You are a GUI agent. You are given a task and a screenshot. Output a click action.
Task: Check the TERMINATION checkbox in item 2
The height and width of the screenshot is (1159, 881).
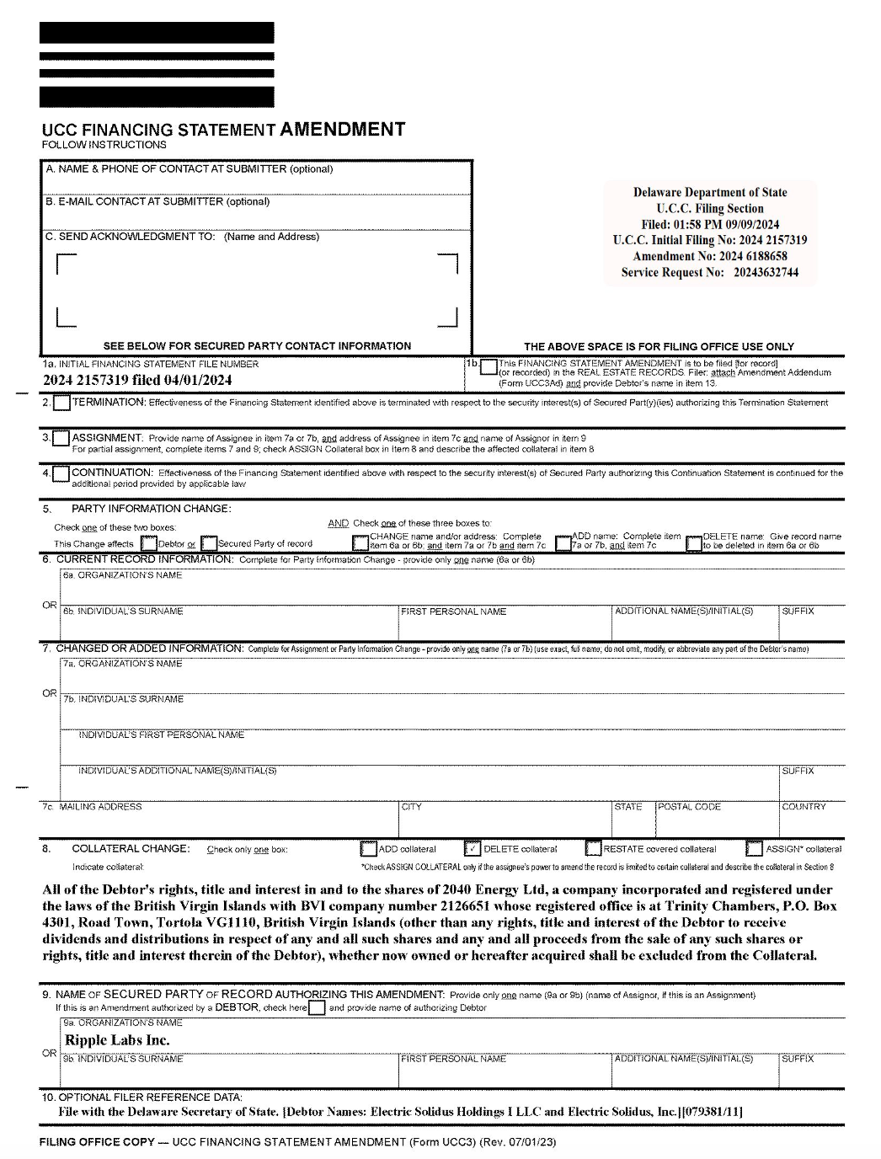61,403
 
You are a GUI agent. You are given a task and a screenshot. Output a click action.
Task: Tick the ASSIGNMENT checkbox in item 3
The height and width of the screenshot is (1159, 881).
61,439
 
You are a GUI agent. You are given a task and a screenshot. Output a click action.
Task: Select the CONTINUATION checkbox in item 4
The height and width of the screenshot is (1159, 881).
61,474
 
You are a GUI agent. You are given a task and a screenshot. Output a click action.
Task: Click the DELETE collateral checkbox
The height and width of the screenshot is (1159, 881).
473,849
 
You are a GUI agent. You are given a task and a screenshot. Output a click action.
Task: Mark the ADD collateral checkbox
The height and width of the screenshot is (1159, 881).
368,849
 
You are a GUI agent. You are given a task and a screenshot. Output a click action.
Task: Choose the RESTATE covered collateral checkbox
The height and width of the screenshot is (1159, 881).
593,849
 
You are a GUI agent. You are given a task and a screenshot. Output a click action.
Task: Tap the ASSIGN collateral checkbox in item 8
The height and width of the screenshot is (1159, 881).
754,849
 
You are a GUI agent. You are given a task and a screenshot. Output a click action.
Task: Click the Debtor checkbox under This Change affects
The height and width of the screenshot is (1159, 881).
148,544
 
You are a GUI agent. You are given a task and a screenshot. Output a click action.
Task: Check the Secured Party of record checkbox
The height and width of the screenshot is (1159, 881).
209,544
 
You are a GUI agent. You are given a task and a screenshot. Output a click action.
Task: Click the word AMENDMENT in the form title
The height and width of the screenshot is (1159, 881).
342,130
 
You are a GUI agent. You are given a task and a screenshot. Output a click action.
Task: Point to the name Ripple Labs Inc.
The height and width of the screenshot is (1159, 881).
117,1040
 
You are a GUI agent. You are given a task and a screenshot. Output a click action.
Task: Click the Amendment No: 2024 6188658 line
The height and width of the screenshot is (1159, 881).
710,256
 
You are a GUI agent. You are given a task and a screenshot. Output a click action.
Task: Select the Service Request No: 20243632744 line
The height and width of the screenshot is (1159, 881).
710,272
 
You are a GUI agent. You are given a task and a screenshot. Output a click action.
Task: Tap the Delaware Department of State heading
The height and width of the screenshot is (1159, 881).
710,192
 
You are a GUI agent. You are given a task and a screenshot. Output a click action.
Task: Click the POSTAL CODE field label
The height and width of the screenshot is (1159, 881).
689,807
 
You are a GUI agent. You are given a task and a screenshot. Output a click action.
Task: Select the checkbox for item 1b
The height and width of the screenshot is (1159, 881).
487,368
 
